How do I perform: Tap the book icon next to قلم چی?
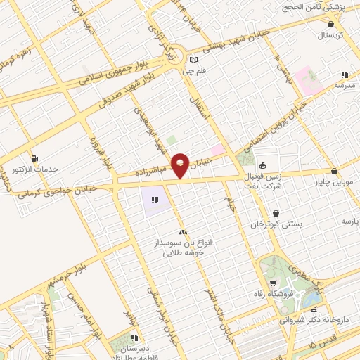[184, 60]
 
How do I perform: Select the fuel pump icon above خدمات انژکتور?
[34, 157]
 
